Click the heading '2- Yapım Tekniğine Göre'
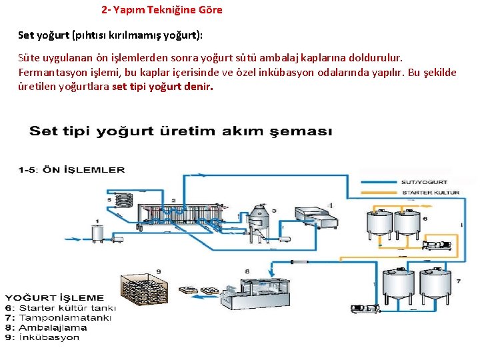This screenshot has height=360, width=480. (x=162, y=10)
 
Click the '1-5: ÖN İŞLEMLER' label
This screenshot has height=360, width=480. (x=71, y=171)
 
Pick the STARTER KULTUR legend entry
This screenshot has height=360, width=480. (x=430, y=192)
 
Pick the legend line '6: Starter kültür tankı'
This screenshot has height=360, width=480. (x=60, y=308)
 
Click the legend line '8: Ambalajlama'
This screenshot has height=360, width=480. (x=45, y=327)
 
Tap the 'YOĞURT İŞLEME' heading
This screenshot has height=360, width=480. (x=55, y=297)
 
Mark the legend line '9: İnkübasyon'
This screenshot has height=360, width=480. (x=42, y=337)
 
